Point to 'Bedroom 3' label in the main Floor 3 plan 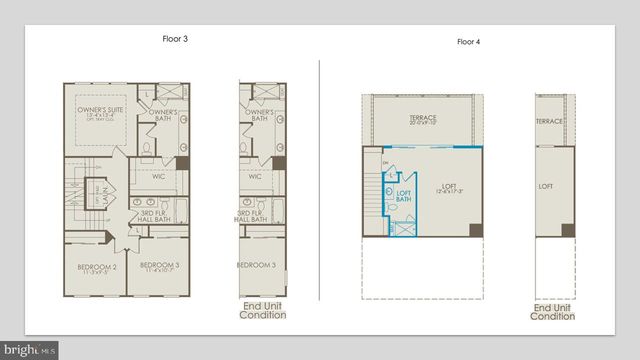click(x=161, y=266)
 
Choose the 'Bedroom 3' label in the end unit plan click(x=257, y=265)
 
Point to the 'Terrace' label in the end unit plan click(x=549, y=121)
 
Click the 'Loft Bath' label click(x=404, y=198)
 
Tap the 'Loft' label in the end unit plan click(x=546, y=186)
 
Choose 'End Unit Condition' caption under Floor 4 click(x=552, y=311)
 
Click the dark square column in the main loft click(x=476, y=230)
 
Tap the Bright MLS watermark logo click(x=30, y=350)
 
